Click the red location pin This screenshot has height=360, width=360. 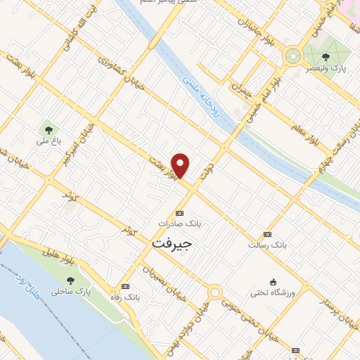coord(181,165)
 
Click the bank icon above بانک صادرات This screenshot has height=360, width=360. coord(179,213)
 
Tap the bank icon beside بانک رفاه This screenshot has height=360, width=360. coord(125,286)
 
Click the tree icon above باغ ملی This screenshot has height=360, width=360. coord(48,129)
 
